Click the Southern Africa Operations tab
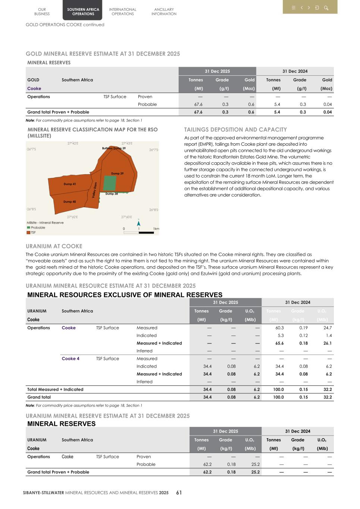coord(83,12)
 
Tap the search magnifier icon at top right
coord(326,7)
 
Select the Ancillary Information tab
coord(164,12)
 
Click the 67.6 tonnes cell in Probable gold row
coord(198,104)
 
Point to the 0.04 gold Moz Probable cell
coord(327,104)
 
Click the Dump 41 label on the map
coord(70,184)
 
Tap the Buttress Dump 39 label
coord(114,148)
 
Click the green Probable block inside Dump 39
coord(110,183)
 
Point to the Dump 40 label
coord(70,202)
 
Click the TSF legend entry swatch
coord(28,232)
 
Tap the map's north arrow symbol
coord(139,223)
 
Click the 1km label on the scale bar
coord(156,229)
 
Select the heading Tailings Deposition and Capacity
coord(235,130)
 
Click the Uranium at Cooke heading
coord(54,246)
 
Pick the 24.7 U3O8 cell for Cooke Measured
coord(328,328)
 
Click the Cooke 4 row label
coord(71,359)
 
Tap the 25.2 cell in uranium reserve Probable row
coord(255,464)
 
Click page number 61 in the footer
coord(179,493)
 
